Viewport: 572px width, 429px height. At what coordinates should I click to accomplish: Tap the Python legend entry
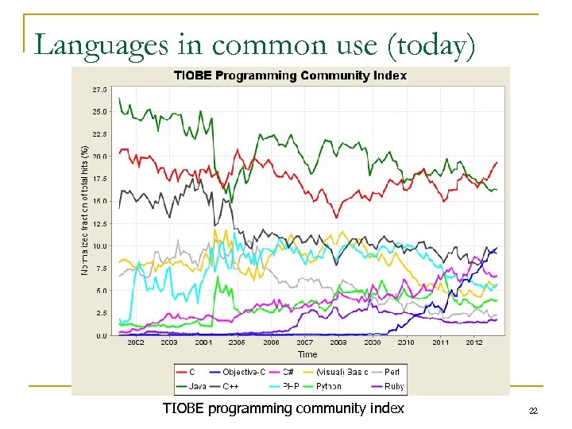[x=322, y=386]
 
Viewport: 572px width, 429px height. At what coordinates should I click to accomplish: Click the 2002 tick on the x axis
[x=136, y=342]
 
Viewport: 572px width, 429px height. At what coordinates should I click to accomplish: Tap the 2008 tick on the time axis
[x=338, y=342]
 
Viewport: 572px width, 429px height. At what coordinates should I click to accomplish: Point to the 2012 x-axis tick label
[x=474, y=342]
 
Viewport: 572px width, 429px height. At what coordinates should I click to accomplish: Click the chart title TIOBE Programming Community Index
[x=290, y=75]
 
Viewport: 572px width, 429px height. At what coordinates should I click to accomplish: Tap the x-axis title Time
[x=307, y=354]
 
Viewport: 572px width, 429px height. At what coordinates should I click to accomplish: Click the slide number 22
[x=533, y=411]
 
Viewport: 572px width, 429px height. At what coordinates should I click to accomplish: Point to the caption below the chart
[x=283, y=408]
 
